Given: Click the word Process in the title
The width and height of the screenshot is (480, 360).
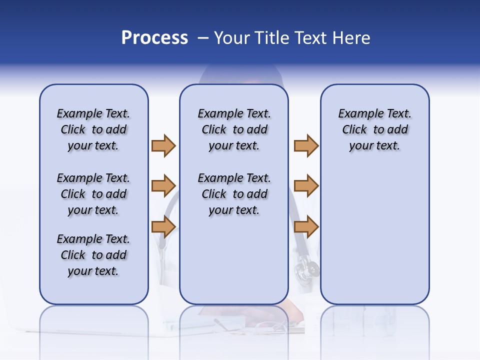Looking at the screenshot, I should click(x=154, y=38).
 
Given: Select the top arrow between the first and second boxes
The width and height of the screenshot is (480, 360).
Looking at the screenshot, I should click(x=163, y=145).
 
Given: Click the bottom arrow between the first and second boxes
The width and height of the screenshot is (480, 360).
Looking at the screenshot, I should click(x=163, y=226).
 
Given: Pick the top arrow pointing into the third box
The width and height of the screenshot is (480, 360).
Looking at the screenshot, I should click(x=306, y=145).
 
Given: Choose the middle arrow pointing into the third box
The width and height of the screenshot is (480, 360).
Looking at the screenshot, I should click(x=306, y=186).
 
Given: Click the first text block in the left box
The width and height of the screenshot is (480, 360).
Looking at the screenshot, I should click(x=93, y=129).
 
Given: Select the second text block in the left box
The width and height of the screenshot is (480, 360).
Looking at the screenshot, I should click(x=93, y=194).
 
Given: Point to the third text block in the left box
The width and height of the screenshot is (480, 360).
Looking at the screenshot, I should click(x=93, y=255).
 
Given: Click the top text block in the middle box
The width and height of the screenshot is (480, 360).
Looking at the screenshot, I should click(x=234, y=129).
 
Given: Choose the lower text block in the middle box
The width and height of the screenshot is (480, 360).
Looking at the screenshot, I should click(x=234, y=194).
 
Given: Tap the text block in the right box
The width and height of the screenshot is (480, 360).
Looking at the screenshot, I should click(x=375, y=129).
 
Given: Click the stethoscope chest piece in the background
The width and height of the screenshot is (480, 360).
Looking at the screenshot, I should click(x=305, y=270).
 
